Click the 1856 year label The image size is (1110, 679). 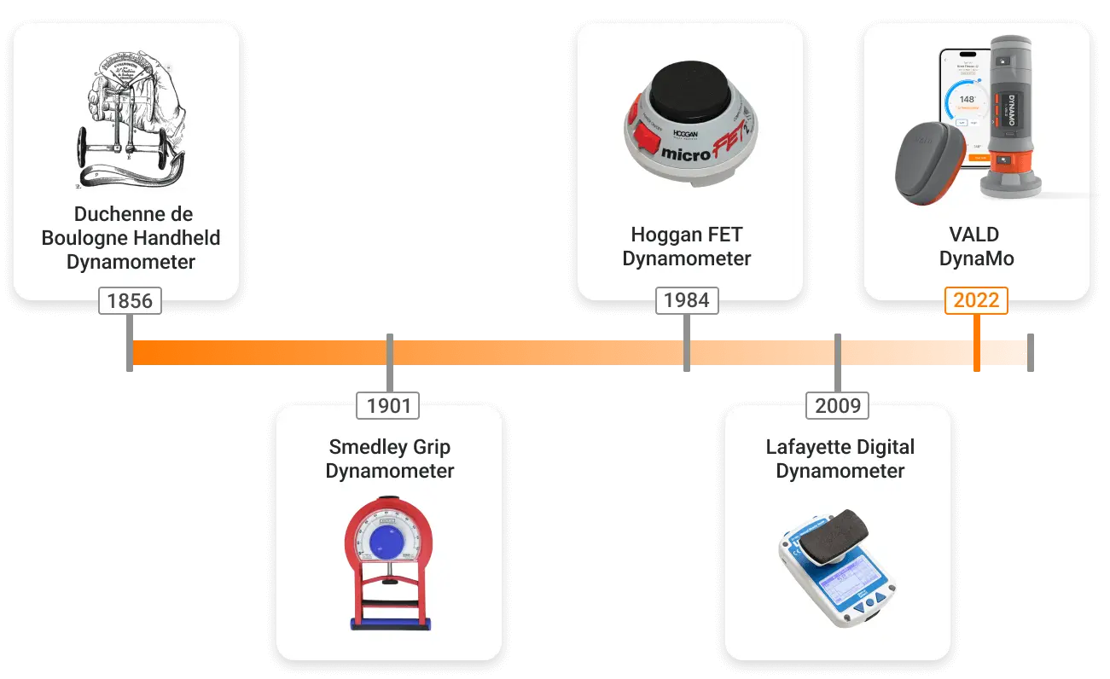(130, 300)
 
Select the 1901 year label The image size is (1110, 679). (389, 406)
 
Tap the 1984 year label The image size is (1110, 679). (687, 300)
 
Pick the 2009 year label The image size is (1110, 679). (838, 406)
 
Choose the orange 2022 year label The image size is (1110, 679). (976, 300)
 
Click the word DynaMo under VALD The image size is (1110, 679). (976, 258)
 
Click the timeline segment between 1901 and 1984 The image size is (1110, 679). (538, 353)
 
